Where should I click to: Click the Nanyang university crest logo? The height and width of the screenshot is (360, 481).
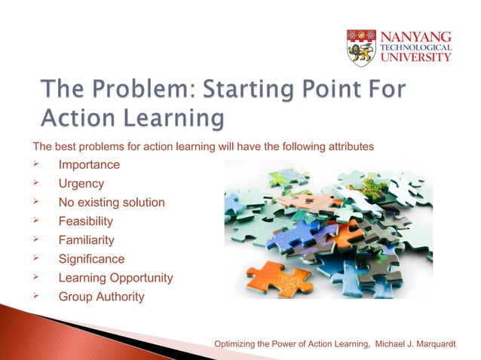[361, 47]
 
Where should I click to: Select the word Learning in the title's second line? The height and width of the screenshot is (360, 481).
[176, 119]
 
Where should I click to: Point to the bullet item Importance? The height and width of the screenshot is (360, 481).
[89, 164]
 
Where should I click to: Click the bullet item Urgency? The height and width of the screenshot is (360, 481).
[81, 183]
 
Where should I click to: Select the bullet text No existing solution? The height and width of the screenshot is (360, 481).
[112, 202]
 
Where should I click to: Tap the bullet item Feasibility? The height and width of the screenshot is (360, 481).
[86, 221]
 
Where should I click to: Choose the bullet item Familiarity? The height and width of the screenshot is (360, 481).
[87, 240]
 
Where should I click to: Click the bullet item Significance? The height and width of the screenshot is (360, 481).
[90, 259]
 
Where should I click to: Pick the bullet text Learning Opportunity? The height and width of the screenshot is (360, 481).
[115, 278]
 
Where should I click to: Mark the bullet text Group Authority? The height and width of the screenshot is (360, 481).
[101, 297]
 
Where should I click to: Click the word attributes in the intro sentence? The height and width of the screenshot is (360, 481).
[349, 146]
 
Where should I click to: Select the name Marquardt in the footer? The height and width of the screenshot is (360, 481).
[420, 344]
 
